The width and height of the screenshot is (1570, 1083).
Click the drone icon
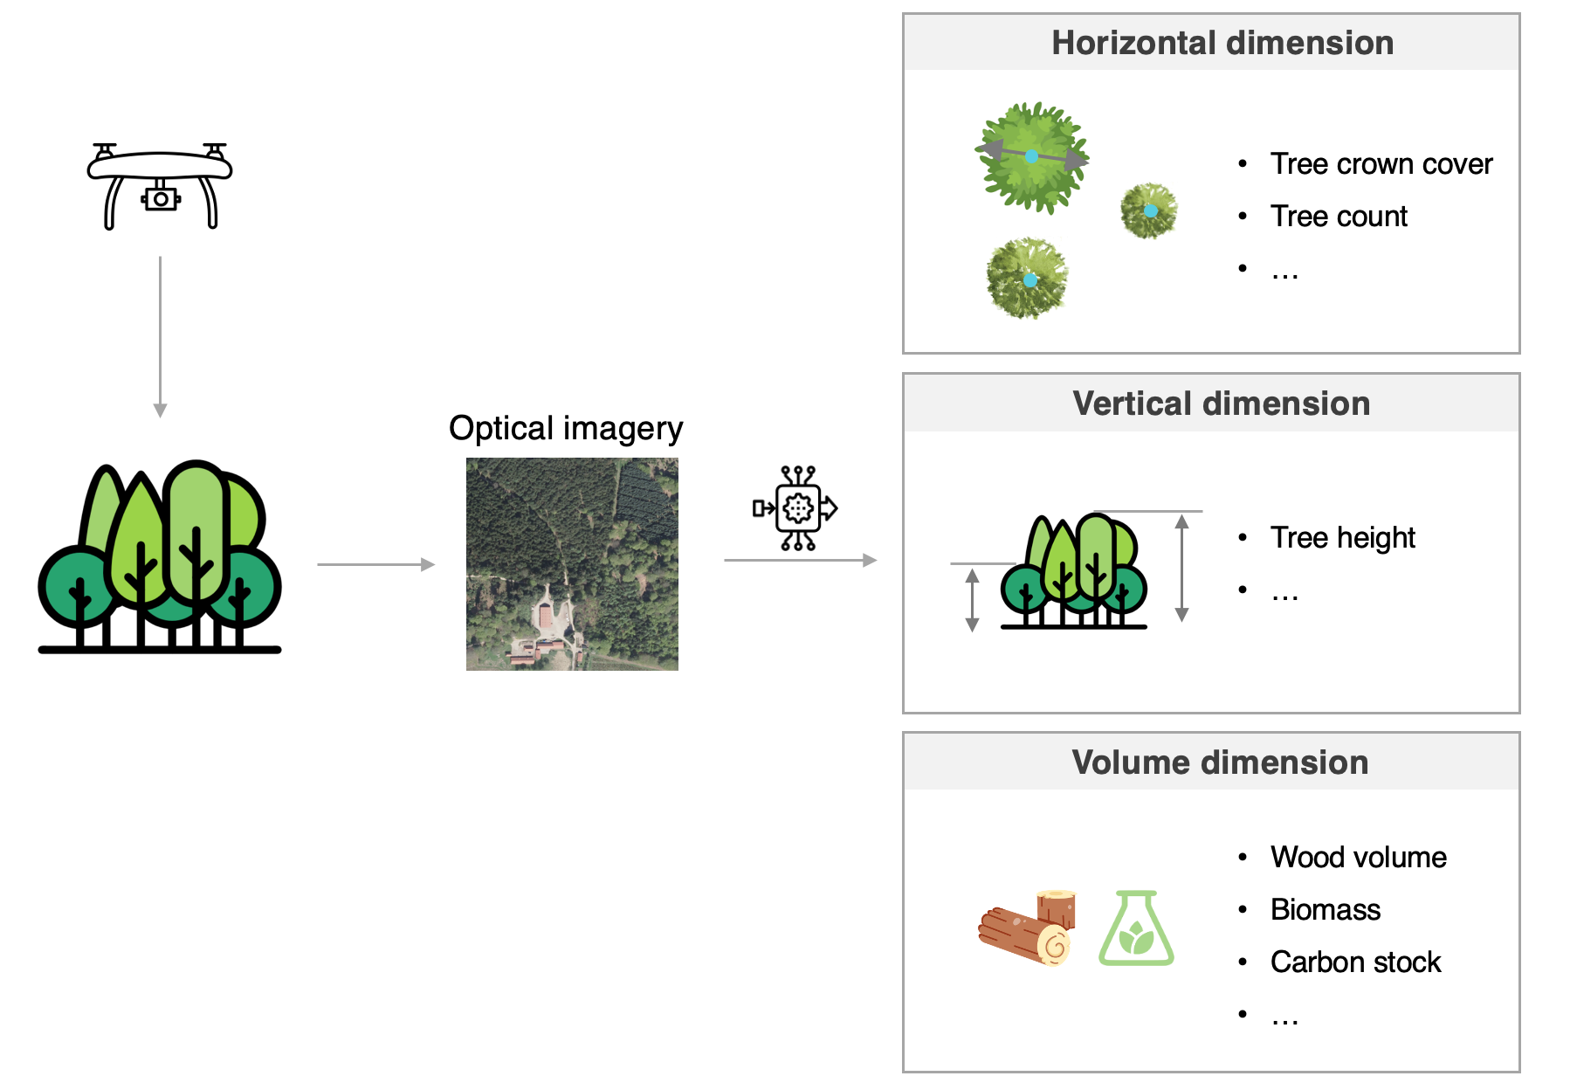160,185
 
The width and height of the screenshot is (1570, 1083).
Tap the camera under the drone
161,199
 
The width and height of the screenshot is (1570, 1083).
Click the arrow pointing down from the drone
160,336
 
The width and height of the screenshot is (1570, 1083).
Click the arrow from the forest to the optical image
375,565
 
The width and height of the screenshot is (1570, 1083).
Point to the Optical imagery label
566,429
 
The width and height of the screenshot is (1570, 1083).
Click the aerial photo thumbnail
572,564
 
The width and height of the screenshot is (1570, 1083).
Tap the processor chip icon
797,507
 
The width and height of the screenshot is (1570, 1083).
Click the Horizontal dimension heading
1222,43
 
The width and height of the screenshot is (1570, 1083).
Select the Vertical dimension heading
1221,404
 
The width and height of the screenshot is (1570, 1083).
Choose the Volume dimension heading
1220,762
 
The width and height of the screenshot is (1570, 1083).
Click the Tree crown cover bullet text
1381,164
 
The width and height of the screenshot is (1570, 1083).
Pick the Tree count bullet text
1339,217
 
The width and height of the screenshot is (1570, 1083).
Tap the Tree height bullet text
1342,538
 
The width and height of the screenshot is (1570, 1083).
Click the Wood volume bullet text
1358,858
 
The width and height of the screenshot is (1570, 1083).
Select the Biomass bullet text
1325,910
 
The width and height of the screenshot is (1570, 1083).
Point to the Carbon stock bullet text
1355,962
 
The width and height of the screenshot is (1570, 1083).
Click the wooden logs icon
1027,928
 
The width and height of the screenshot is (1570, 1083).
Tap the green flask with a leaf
1135,928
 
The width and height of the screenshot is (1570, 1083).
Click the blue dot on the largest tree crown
1031,156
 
